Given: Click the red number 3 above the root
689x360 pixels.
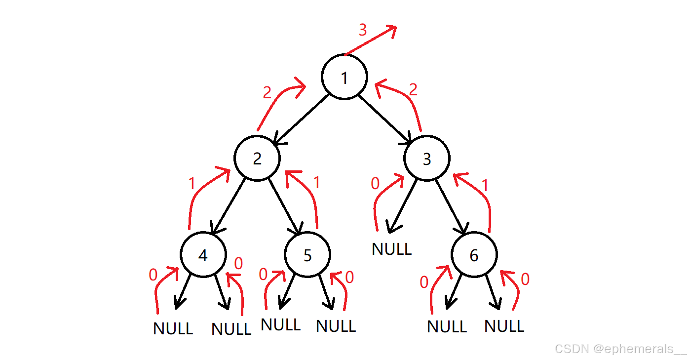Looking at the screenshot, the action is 363,30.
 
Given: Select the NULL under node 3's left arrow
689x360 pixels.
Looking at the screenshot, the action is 392,249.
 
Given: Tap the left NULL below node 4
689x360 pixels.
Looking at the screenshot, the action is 173,328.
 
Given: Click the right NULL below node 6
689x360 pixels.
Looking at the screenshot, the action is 504,326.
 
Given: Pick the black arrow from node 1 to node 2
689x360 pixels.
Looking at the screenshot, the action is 302,120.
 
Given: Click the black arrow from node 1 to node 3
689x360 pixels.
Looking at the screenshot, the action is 385,120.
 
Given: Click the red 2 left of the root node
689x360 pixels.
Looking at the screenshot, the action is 268,92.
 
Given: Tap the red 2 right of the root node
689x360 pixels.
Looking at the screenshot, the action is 413,89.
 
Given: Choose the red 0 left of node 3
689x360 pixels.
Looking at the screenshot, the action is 375,183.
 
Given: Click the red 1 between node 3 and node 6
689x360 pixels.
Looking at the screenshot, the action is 485,185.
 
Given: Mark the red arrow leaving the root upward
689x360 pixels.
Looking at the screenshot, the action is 371,40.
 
